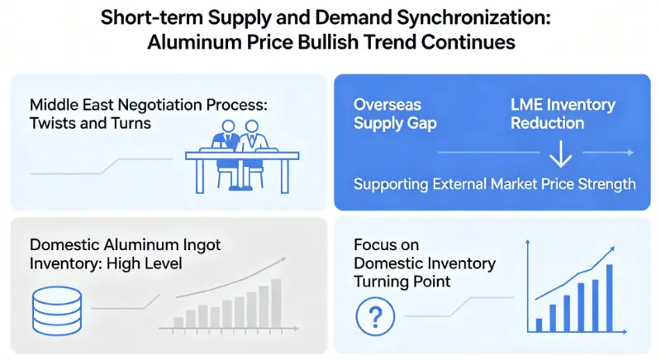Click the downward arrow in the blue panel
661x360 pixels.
tap(561, 154)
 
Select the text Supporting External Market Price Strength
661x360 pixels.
tap(494, 183)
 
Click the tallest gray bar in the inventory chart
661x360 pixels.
tap(276, 302)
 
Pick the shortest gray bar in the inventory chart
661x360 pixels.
tap(176, 322)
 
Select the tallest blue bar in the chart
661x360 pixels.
tap(610, 297)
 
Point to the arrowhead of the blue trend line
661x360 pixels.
tap(613, 249)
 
